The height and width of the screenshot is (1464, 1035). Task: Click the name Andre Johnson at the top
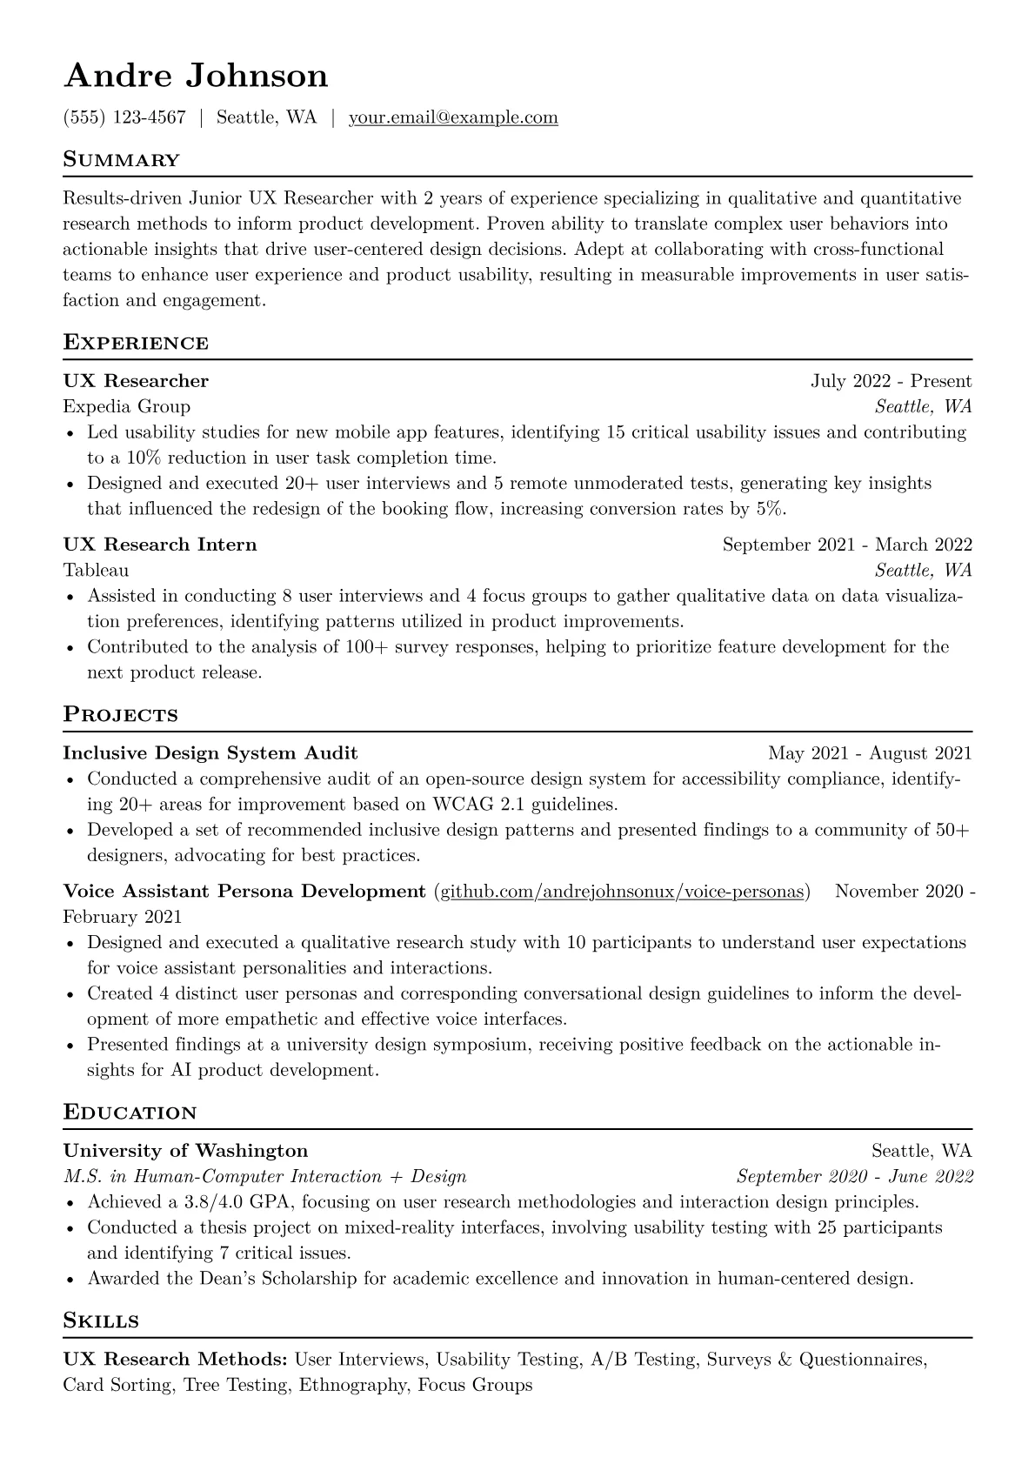point(196,76)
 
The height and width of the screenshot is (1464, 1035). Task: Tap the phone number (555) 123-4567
point(124,117)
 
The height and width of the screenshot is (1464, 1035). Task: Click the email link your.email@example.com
point(453,117)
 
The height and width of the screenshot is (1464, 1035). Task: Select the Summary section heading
point(121,160)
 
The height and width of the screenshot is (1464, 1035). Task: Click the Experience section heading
point(136,343)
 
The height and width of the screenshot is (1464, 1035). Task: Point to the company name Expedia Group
point(127,406)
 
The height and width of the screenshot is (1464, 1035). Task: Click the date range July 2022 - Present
point(891,381)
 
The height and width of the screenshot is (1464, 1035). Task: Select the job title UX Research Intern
point(160,545)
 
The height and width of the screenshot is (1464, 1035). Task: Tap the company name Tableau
point(96,570)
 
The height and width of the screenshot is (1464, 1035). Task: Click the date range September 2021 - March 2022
point(847,545)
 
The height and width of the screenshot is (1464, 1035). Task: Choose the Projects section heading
point(120,715)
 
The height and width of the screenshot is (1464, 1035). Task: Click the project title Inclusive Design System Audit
point(210,752)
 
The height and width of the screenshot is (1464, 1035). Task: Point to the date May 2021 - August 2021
point(870,752)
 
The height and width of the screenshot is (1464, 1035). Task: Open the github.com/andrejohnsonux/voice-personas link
point(622,892)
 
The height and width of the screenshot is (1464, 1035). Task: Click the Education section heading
point(130,1113)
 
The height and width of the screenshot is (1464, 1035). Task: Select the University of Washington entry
point(185,1151)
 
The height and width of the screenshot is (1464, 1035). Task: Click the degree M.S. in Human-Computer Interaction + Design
point(264,1177)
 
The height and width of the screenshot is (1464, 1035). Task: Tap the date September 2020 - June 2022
point(854,1177)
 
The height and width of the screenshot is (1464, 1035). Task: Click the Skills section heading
point(101,1320)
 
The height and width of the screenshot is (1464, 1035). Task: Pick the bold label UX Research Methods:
point(175,1359)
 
